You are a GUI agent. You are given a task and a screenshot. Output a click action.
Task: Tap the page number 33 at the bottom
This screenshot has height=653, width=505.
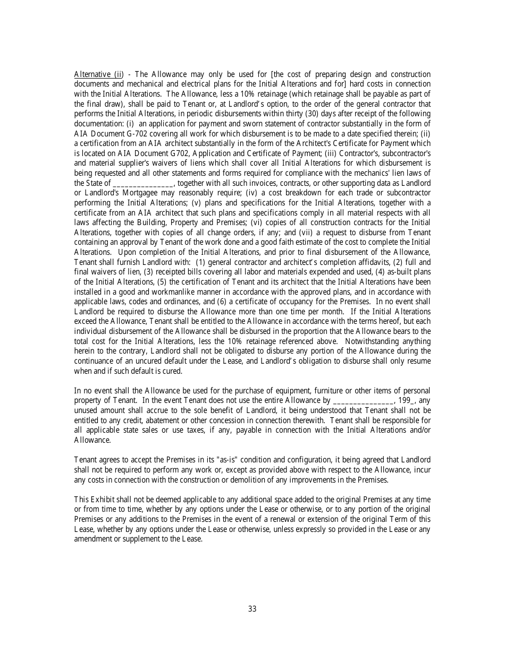[252, 609]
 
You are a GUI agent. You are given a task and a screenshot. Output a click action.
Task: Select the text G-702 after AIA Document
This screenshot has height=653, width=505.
[138, 134]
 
